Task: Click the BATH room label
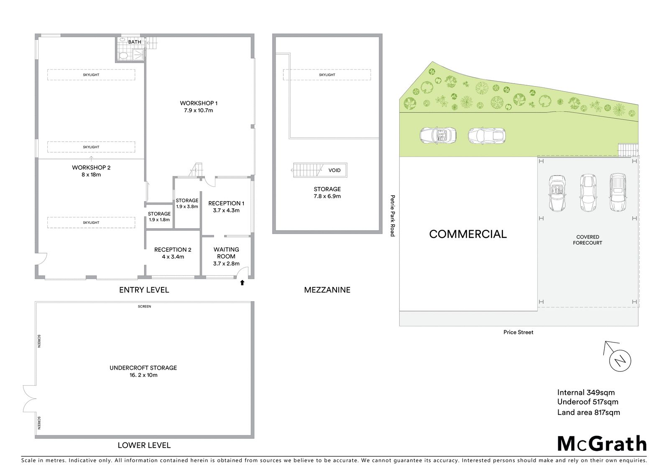[x=134, y=42]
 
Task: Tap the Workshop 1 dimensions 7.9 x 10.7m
[x=198, y=110]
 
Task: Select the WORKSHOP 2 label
[x=91, y=167]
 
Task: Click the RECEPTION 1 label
[x=226, y=203]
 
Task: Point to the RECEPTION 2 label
[x=173, y=250]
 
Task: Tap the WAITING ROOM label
[x=226, y=253]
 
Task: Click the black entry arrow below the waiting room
[x=242, y=282]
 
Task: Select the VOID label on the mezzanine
[x=334, y=170]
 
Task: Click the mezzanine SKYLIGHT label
[x=327, y=75]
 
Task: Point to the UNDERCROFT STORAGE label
[x=143, y=368]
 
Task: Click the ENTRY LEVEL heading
[x=144, y=290]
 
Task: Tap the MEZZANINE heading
[x=327, y=290]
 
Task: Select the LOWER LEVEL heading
[x=144, y=445]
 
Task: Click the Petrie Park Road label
[x=393, y=216]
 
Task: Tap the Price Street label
[x=518, y=332]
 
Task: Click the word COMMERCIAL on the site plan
[x=468, y=234]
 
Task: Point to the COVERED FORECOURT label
[x=587, y=240]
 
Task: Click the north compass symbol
[x=619, y=358]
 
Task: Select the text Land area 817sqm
[x=588, y=412]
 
